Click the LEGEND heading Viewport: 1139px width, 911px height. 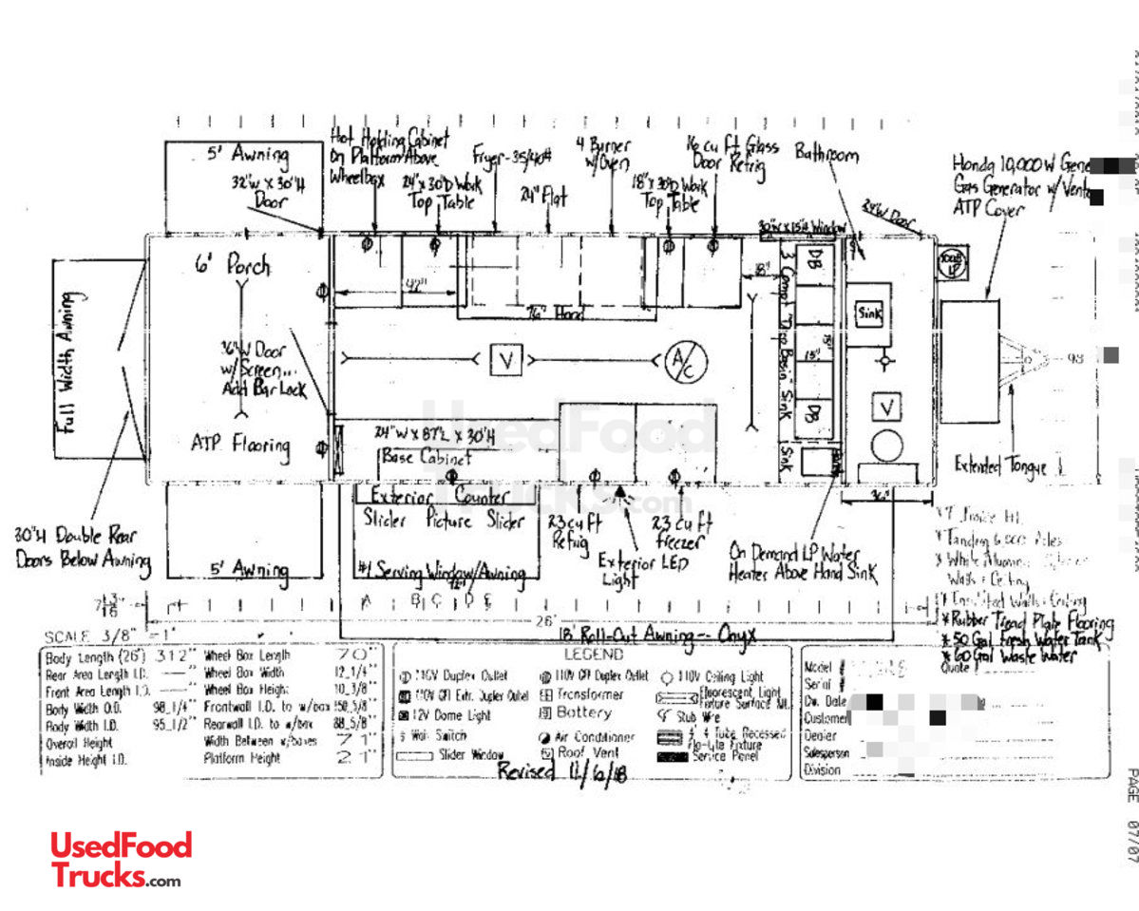(594, 655)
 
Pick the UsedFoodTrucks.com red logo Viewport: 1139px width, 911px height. (121, 859)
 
